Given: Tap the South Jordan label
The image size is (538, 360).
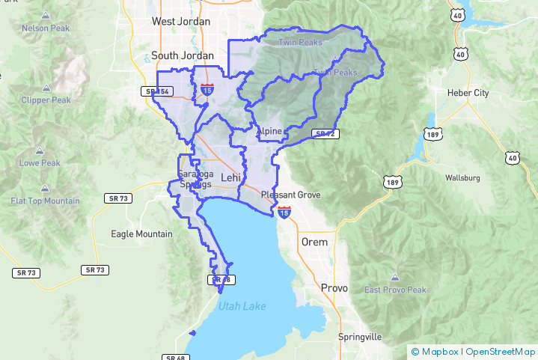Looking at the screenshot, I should point(183,55).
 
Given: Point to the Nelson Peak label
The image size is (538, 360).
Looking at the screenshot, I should point(46,28).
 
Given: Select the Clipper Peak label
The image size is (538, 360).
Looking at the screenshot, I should point(46,100).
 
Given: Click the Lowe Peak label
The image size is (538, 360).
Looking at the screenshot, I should point(40,163).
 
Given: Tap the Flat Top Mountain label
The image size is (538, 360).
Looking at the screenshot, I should point(46,201).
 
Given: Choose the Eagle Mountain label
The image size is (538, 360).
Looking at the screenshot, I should point(141,234).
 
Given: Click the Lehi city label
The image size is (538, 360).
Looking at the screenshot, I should point(230,177).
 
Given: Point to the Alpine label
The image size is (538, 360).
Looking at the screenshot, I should point(269,132).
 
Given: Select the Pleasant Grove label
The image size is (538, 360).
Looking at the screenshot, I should point(291,195).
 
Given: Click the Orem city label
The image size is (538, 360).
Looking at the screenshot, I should point(314,242).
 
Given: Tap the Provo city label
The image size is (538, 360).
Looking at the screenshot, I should point(334,287).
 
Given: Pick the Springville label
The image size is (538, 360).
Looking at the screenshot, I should point(360,337).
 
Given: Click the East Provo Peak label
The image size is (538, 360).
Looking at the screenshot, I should point(395,290).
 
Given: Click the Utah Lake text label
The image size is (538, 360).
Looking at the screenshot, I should point(242,305).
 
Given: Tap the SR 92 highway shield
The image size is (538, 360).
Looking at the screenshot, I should point(323,134).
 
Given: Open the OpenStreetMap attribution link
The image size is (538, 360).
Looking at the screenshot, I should point(501,351).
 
